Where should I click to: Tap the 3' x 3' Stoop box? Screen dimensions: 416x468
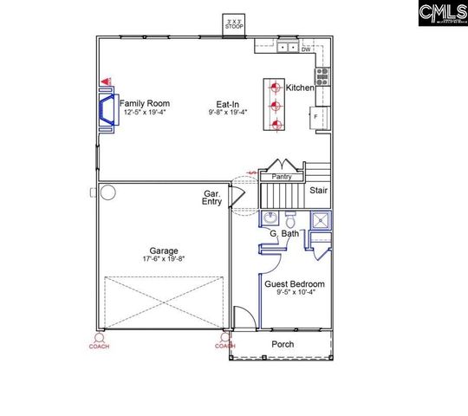point(234,24)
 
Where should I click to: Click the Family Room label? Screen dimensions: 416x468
point(143,103)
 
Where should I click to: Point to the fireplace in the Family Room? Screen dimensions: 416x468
point(108,110)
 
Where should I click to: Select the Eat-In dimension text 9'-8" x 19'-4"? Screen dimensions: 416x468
point(227,112)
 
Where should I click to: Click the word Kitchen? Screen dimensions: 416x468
point(300,88)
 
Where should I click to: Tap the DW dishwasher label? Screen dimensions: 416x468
point(306,49)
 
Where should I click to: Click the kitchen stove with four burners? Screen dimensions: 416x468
point(322,76)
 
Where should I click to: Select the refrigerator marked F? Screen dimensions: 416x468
point(317,116)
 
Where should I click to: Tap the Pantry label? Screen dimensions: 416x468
point(282,177)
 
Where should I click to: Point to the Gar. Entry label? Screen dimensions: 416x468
point(212,198)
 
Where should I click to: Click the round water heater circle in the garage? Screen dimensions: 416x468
point(108,192)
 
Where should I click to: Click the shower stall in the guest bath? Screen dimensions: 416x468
point(321,220)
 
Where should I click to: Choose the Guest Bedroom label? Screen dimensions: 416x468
point(295,283)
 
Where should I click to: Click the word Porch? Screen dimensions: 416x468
point(283,344)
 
